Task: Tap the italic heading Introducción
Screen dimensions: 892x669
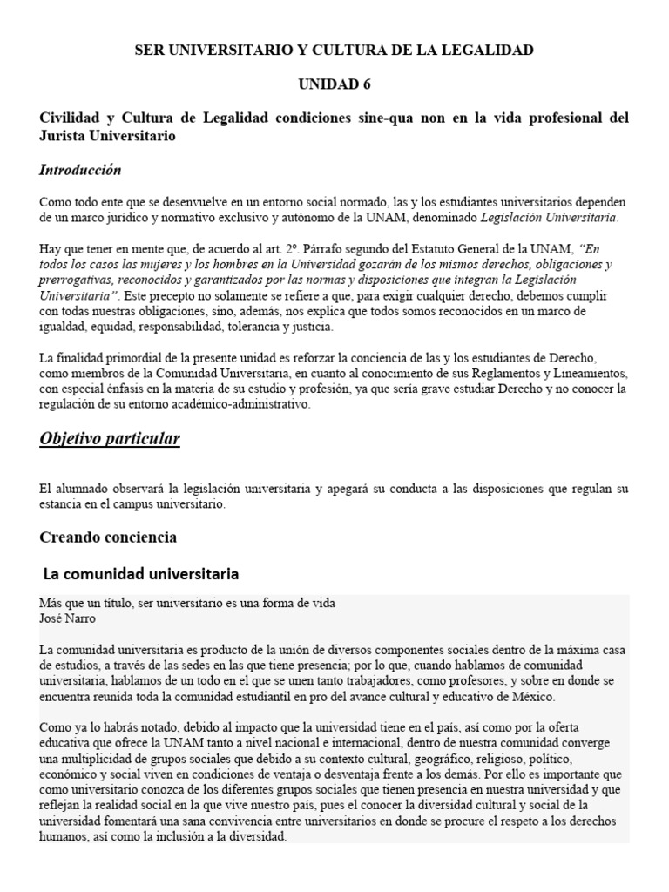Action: click(80, 170)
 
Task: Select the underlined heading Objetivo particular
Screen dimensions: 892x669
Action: click(110, 439)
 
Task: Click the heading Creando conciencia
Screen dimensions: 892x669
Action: click(108, 537)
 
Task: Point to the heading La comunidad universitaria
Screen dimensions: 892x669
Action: click(141, 574)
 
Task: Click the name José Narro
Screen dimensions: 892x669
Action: click(69, 618)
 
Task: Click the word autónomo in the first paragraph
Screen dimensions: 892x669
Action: click(400, 216)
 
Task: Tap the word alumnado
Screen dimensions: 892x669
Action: click(83, 489)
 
